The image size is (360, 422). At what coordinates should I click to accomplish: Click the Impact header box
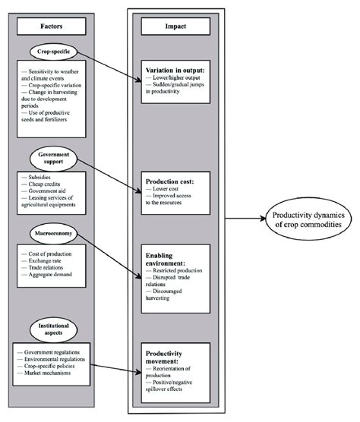[x=176, y=25]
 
